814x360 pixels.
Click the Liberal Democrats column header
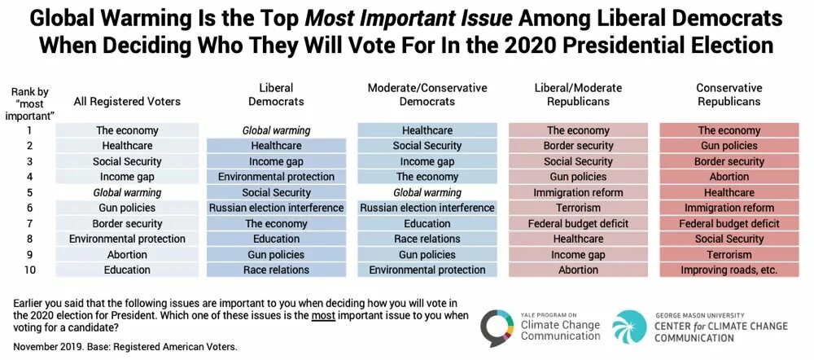click(276, 94)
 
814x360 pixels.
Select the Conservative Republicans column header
click(729, 94)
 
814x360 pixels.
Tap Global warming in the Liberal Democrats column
click(276, 130)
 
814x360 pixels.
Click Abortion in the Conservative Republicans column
click(729, 177)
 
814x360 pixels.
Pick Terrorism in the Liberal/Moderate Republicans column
click(578, 208)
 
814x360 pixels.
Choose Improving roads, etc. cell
click(729, 270)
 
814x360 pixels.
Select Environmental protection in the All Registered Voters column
click(127, 239)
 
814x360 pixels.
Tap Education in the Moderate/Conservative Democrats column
click(427, 223)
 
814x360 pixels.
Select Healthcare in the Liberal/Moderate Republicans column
click(578, 239)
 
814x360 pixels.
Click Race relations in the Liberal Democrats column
click(276, 270)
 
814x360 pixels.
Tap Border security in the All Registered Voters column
click(127, 223)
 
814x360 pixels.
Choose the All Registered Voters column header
click(127, 102)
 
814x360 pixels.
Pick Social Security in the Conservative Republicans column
click(729, 239)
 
